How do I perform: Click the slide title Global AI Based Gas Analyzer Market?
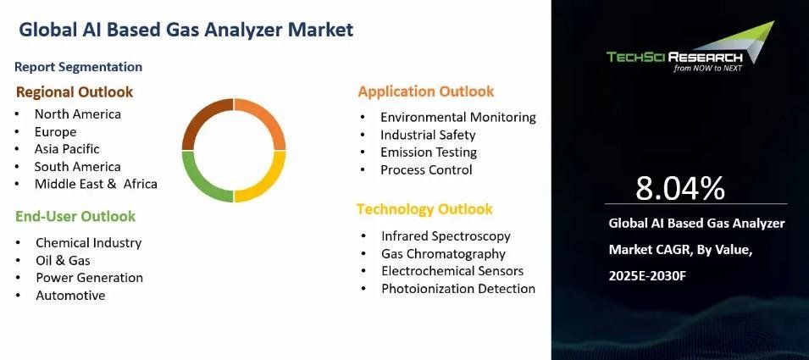coord(186,30)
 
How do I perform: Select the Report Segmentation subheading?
coord(79,67)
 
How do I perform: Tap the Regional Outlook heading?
coord(75,92)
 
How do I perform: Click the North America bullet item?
coord(78,114)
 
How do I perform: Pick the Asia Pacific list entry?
coord(67,149)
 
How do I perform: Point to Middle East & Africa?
coord(96,184)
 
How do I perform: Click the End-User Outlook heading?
coord(75,217)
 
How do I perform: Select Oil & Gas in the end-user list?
coord(63,260)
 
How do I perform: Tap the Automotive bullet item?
coord(70,296)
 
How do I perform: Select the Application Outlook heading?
coord(426,91)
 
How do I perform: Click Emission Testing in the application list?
coord(429,152)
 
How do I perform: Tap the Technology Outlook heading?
coord(424,209)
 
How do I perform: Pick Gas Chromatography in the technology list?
coord(443,254)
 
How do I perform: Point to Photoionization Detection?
coord(458,289)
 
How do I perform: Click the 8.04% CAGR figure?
coord(680,188)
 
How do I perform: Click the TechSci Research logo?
coord(690,47)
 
